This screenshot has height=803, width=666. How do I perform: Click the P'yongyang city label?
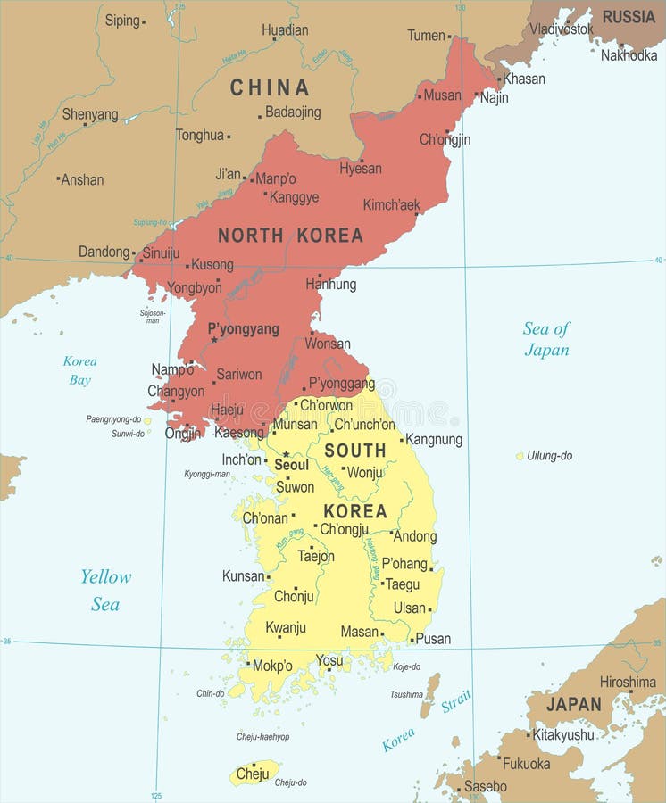click(x=243, y=329)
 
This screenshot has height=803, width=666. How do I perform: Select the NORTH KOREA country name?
click(x=290, y=236)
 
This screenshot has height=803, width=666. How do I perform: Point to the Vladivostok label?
click(x=561, y=29)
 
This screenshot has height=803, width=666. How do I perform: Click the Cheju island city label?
click(x=253, y=773)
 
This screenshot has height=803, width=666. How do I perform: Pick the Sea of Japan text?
click(x=546, y=339)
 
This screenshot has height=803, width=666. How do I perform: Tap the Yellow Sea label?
click(x=105, y=590)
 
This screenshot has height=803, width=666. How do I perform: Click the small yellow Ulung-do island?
click(x=520, y=456)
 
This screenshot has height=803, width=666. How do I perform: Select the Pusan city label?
click(x=433, y=639)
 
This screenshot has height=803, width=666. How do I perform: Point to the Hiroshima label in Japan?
click(x=628, y=682)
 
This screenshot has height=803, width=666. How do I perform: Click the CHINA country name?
click(x=270, y=87)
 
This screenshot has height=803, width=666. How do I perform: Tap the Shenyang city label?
click(x=90, y=114)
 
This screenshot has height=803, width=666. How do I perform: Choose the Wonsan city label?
click(x=328, y=344)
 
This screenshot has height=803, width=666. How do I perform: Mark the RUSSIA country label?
click(x=629, y=17)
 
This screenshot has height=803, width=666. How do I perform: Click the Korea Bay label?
click(x=79, y=370)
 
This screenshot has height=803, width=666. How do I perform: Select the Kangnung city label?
click(x=434, y=439)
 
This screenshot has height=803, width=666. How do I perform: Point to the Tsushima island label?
click(x=406, y=694)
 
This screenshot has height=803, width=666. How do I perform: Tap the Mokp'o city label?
click(x=272, y=666)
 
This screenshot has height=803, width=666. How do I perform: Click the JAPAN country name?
click(x=573, y=704)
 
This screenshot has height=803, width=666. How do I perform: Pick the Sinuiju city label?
click(x=161, y=252)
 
